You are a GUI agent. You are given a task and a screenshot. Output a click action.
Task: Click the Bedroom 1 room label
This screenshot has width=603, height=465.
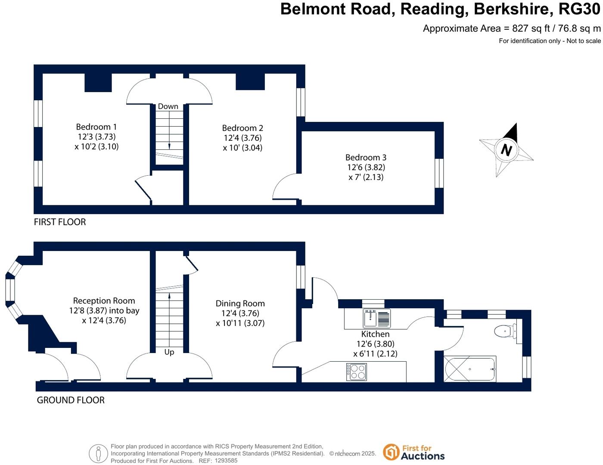pos(96,127)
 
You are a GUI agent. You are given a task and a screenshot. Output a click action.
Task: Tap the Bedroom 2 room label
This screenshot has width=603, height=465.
pos(242,128)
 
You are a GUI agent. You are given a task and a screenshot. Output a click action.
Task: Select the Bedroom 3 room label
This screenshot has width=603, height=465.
pos(366,158)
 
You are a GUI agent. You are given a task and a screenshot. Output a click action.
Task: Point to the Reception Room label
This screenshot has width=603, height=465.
pos(104,301)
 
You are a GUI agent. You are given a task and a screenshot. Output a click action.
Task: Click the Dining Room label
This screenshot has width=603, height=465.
pos(240,304)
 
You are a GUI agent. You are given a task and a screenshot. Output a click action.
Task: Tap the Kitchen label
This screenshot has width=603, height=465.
pos(375,334)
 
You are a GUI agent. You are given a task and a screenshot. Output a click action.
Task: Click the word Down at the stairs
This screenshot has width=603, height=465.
pos(168,106)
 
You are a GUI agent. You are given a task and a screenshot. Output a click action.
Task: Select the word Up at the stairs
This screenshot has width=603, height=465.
pos(169,352)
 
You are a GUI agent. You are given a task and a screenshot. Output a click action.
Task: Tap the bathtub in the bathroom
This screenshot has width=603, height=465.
pos(470,369)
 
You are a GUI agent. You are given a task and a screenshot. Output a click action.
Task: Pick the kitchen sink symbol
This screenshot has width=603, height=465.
pos(370,319)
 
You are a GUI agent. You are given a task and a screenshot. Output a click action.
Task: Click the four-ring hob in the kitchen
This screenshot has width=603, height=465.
pos(356,372)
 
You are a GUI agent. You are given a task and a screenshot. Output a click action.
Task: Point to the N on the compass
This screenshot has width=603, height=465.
pos(506,150)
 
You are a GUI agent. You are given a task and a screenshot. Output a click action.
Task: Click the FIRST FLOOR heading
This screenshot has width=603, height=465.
pos(60,222)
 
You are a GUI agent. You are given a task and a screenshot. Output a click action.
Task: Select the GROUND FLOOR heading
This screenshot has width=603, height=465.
pos(71,400)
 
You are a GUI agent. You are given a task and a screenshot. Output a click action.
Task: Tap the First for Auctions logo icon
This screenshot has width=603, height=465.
pos(391,452)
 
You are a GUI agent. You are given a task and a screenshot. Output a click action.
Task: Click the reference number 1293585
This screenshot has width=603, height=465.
pos(226,461)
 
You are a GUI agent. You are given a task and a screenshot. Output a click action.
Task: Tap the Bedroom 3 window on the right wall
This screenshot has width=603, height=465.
pos(439,173)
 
